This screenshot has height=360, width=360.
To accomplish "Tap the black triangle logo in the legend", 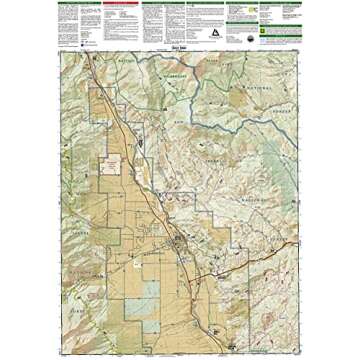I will [213, 31].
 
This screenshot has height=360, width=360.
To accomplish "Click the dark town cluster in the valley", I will [179, 240].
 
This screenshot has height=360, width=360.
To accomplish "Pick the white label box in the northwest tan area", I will [114, 161].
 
